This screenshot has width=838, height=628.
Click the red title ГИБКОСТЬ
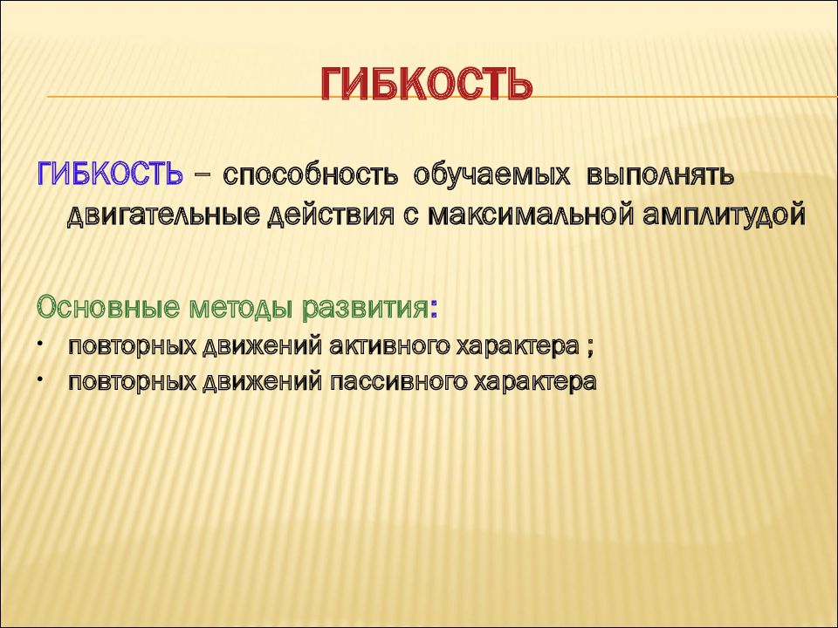point(427,84)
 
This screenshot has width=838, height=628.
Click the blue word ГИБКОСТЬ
point(110,174)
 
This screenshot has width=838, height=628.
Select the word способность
point(311,175)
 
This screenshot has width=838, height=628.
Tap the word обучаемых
point(491,175)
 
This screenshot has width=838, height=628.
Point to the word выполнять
point(661,175)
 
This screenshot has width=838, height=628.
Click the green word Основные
point(108,308)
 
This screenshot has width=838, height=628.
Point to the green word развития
point(365,309)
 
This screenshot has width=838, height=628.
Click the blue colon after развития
point(433,311)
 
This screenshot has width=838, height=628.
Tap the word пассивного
point(398,382)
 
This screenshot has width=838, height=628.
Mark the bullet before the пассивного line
point(40,379)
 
